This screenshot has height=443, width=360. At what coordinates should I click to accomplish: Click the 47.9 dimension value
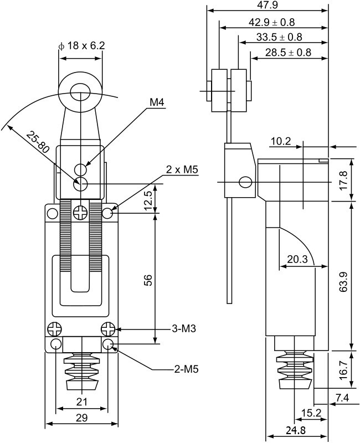pyautogui.click(x=268, y=5)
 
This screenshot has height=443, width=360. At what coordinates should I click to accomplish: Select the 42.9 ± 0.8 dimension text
pyautogui.click(x=272, y=22)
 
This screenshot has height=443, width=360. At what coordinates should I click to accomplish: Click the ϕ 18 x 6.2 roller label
pyautogui.click(x=81, y=46)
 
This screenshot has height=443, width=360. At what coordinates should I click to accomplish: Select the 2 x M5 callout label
pyautogui.click(x=182, y=169)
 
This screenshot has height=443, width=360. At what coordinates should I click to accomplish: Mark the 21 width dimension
pyautogui.click(x=81, y=401)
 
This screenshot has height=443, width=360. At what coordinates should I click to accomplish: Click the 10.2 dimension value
pyautogui.click(x=281, y=141)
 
